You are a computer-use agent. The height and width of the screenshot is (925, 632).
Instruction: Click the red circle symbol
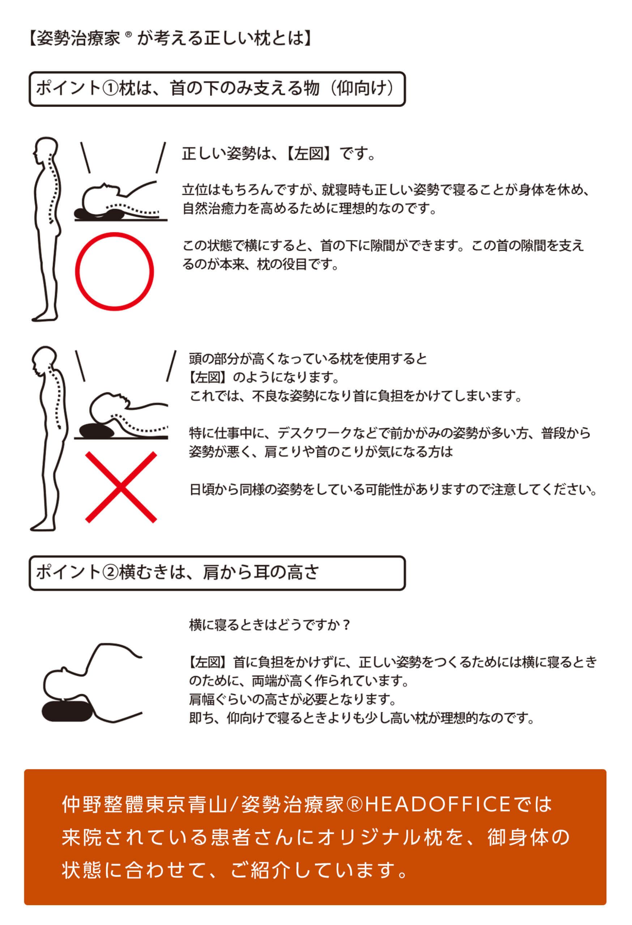pos(114,271)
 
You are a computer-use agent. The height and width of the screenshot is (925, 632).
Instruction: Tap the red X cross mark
pos(121,487)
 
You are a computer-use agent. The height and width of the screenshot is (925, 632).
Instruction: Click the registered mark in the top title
pos(128,35)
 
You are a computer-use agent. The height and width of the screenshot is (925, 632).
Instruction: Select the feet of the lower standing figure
pos(43,526)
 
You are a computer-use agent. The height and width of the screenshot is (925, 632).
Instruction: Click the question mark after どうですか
pos(346,625)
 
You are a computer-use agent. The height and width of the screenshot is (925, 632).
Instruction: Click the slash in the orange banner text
pos(234,804)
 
